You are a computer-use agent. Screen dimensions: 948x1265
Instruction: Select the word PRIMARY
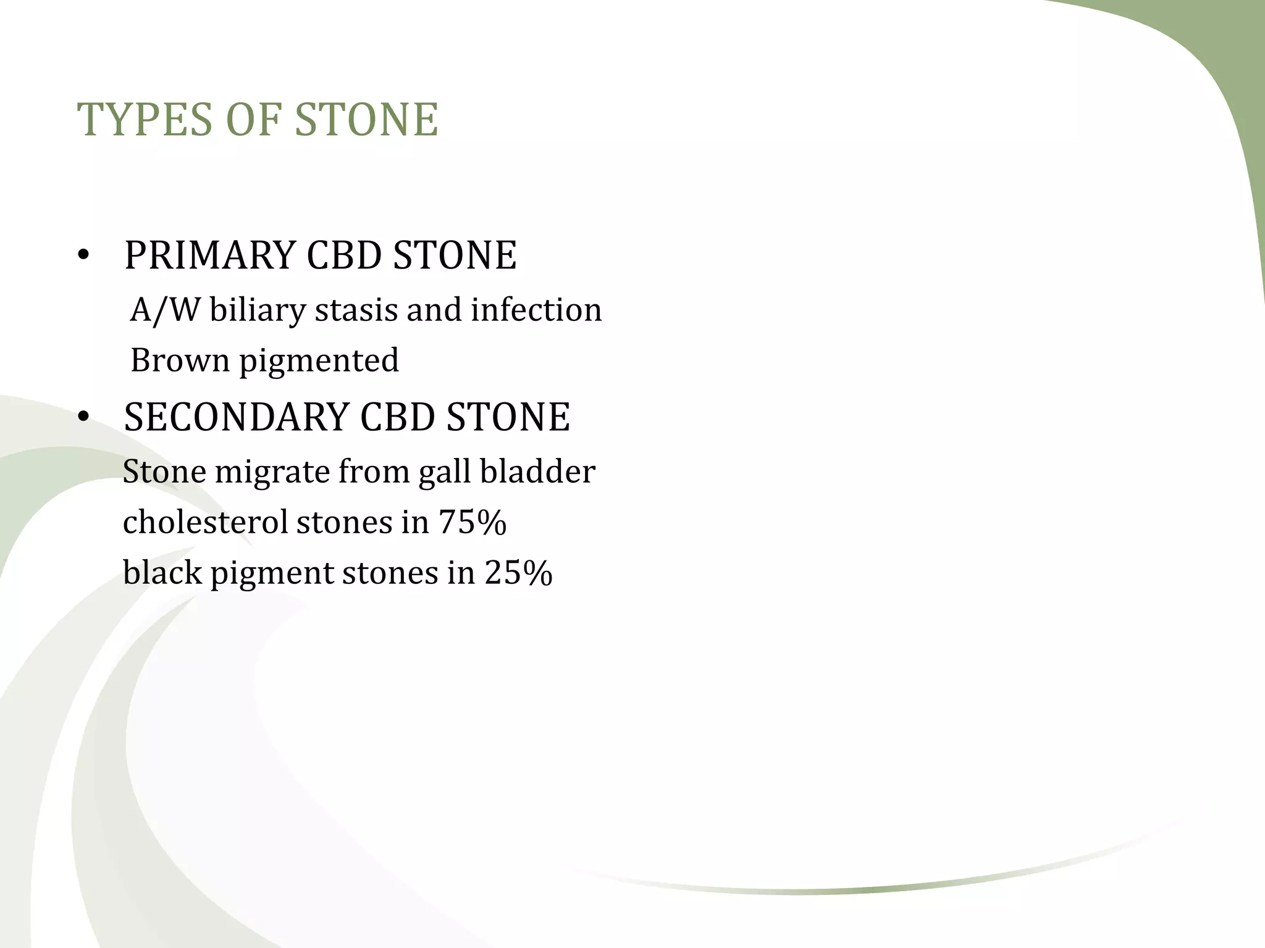(209, 256)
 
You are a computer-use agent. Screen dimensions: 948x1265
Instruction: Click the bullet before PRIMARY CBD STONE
(84, 257)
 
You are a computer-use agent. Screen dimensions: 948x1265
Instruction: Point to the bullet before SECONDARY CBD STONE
(84, 418)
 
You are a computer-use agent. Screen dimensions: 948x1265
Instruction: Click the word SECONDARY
(236, 417)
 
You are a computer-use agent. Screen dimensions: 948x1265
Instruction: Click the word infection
(536, 310)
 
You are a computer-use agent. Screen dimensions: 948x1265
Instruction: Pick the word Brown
(180, 360)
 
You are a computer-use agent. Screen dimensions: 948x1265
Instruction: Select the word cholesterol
(205, 522)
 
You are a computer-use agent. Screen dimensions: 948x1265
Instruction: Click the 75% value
(473, 522)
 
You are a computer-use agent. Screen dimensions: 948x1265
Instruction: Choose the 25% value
(518, 573)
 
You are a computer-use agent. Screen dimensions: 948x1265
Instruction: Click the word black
(162, 573)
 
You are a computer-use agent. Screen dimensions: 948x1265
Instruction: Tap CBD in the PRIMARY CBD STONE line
(344, 256)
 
